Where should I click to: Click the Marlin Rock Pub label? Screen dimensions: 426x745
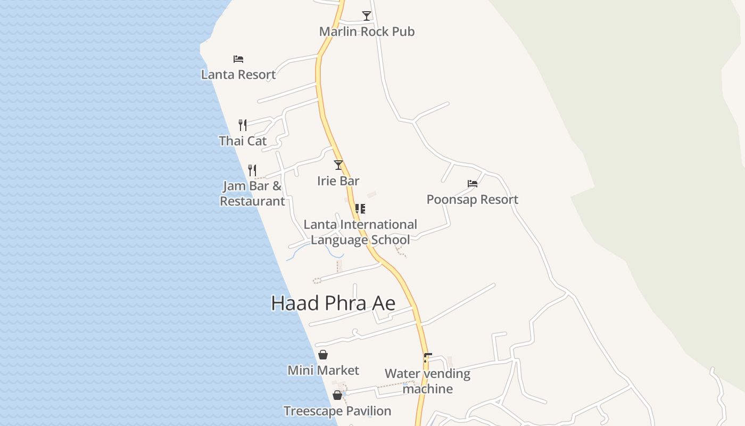coord(367,31)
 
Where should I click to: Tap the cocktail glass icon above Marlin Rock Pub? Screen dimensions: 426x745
coord(366,15)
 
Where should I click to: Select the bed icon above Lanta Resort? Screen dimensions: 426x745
coord(238,59)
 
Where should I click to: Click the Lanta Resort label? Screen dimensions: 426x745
coord(238,75)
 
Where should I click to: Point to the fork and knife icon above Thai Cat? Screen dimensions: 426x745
coord(243,125)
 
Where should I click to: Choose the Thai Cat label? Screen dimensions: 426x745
coord(243,141)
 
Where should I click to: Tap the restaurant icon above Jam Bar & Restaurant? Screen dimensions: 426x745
coord(252,170)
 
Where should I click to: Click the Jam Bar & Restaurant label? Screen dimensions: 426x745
coord(252,193)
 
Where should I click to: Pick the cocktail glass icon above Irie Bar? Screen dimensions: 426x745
coord(338,165)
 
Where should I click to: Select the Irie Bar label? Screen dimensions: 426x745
coord(338,181)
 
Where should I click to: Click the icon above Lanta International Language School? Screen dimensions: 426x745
coord(360,209)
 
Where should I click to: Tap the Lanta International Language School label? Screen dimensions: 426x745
coord(360,232)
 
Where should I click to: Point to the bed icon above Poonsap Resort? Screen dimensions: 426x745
coord(473,184)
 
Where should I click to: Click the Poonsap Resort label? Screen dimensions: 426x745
coord(473,200)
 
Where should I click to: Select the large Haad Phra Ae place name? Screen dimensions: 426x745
coord(333,303)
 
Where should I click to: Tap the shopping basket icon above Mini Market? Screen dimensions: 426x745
coord(323,355)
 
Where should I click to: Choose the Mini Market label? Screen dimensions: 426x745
coord(323,370)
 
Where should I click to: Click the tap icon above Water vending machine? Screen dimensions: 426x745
coord(427,358)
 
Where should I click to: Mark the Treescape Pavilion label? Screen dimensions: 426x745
coord(337,411)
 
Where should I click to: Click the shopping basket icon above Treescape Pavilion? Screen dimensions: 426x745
coord(337,395)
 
